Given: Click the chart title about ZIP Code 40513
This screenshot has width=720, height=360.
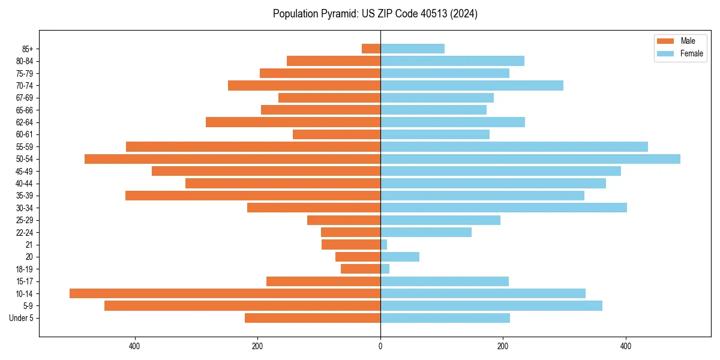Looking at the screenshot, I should point(375,14).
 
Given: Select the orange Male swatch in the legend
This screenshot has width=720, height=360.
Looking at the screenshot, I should point(665,41).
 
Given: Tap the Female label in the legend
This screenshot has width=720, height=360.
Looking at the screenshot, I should point(691,53).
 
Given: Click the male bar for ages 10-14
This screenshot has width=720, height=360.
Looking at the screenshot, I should point(225,293).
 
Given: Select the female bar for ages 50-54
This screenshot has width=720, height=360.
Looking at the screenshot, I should point(530,159).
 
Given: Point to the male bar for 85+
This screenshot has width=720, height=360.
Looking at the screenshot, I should point(371,49).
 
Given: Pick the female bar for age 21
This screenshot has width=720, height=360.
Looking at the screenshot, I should point(384,244).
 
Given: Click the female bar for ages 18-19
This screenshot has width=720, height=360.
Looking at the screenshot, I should point(385,269).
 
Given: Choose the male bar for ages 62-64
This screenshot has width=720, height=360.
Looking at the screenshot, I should point(293,122).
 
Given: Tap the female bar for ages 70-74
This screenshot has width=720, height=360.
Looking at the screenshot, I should point(472,85).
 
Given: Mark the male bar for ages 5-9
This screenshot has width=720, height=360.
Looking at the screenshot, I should point(242,305).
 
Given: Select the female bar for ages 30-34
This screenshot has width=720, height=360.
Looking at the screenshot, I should point(503,208).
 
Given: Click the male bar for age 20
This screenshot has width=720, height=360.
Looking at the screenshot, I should point(358,257).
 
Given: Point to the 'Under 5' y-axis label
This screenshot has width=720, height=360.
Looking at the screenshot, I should point(21,318).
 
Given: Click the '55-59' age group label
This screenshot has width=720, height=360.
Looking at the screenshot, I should point(25,146).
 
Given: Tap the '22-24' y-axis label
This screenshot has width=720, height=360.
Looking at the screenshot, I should point(25,232).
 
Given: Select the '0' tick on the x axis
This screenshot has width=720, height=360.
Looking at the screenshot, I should point(380,346).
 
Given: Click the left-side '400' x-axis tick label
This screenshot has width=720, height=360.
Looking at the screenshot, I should point(134,346).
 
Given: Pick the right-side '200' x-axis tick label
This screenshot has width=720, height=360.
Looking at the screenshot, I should point(503,346).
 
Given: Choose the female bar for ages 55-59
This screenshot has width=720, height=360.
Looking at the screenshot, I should point(514,146).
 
